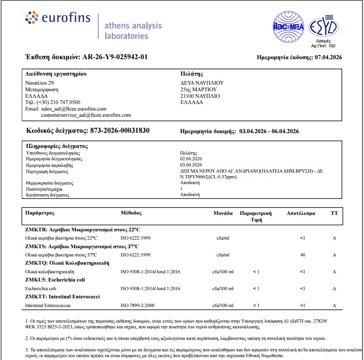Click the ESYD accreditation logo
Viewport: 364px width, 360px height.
324,27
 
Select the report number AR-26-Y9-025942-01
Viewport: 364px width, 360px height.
115,57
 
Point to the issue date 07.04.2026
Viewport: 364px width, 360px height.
328,58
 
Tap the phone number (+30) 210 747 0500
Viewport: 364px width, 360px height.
58,102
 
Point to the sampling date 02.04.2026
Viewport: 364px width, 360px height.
191,159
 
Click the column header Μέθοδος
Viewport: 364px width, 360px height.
131,213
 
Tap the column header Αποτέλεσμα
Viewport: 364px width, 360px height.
301,213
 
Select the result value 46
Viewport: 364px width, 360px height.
303,255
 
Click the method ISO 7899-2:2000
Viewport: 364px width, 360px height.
138,306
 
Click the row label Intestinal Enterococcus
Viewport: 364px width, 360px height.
48,306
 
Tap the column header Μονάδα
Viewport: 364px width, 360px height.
223,213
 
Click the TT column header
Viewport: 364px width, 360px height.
334,213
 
